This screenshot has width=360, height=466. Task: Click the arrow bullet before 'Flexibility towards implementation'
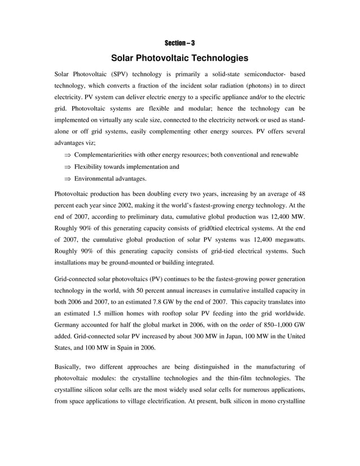[67, 167]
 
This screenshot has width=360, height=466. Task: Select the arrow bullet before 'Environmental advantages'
[67, 179]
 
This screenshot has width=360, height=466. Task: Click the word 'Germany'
[68, 326]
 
